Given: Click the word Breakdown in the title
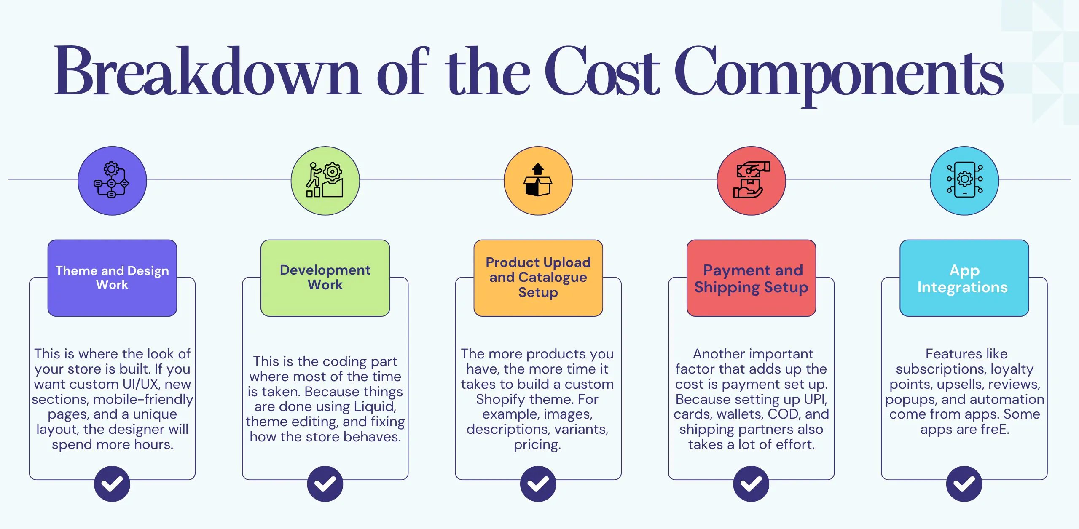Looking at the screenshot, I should click(207, 72).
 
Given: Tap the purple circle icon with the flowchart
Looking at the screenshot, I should click(112, 181).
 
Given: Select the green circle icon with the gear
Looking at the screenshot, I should click(325, 181).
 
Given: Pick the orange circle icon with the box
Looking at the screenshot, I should click(538, 181).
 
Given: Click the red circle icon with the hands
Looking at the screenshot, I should click(751, 181).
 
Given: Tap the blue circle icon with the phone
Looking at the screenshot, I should click(964, 181).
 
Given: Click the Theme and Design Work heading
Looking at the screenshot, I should click(112, 278).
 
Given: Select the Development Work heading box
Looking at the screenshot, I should click(325, 278).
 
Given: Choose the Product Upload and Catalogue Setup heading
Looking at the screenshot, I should click(538, 278).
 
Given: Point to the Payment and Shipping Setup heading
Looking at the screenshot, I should click(751, 278).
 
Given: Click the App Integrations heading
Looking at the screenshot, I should click(964, 278).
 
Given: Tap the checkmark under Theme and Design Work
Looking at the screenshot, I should click(112, 484).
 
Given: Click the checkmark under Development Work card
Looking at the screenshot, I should click(325, 484).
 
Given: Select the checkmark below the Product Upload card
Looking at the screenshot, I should click(538, 484).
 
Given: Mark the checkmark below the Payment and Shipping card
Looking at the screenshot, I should click(751, 484).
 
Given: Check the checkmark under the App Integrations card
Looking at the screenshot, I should click(964, 484).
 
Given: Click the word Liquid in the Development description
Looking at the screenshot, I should click(374, 407).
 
